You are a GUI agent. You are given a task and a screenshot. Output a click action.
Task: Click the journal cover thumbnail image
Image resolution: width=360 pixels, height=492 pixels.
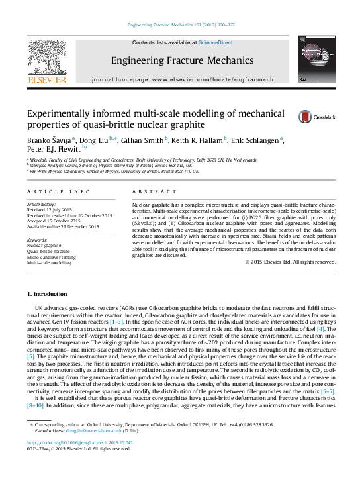point(315,60)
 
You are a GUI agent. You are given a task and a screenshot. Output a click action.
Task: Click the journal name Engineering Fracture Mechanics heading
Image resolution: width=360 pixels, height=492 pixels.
point(182,60)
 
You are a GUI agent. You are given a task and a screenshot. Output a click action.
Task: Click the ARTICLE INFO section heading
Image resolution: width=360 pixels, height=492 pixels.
point(59,191)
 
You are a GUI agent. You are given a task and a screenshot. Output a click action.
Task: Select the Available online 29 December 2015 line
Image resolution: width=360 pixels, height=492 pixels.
point(63,227)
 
